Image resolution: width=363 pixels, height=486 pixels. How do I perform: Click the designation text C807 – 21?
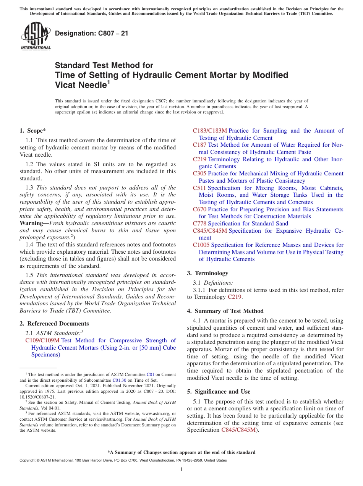point(92,34)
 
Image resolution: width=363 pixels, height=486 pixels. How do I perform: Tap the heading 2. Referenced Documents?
point(54,324)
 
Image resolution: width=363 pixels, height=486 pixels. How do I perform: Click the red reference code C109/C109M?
point(42,340)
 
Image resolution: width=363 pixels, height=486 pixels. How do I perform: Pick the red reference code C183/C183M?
point(210,131)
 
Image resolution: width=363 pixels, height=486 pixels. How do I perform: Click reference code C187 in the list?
point(199,145)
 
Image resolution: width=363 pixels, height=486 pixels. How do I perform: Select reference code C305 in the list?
point(199,173)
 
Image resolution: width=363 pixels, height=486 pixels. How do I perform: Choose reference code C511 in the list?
point(199,188)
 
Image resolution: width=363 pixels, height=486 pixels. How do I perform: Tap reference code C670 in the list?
point(199,209)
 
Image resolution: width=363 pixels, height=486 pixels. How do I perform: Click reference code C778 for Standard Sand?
point(199,224)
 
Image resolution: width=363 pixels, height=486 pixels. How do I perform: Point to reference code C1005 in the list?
point(201,245)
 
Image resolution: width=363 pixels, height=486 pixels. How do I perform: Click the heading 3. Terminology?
point(207,273)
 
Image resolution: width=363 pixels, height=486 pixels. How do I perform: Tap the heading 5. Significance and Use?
point(219,392)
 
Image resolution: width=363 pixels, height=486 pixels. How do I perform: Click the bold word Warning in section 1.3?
point(31,223)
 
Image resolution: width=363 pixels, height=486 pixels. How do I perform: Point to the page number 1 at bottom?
point(181,470)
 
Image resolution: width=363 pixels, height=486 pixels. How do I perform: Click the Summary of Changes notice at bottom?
point(181,452)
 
